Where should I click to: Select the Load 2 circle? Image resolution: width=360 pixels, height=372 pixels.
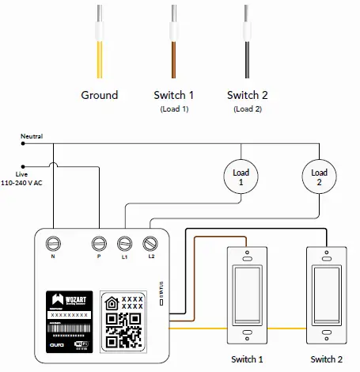point(319,178)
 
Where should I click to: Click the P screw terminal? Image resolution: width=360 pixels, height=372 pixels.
point(100,243)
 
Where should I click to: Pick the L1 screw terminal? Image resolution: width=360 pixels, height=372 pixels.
point(125,243)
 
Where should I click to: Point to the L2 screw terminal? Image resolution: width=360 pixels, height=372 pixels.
point(150,243)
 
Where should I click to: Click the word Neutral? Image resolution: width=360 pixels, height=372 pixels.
point(32,136)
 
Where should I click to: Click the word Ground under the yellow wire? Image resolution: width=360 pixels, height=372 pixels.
point(100,95)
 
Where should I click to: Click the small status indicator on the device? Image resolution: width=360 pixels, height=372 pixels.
point(161,302)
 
